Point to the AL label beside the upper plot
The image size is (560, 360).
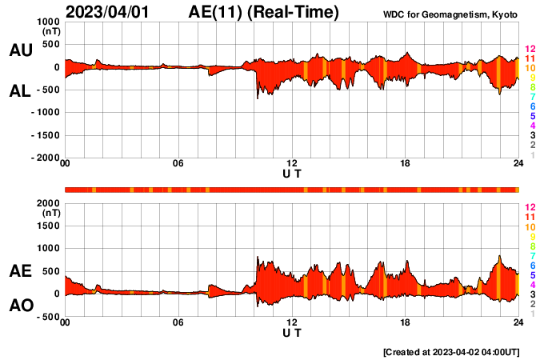pos(20,91)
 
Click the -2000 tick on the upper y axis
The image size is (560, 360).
pos(46,158)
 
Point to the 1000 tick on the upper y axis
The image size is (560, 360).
pos(48,22)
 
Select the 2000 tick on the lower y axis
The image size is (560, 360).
pos(48,203)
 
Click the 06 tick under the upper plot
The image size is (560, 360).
pos(178,165)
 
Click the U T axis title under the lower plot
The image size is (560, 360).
pos(292,333)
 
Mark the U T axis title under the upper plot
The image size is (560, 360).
pos(292,174)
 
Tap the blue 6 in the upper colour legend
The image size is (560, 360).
pos(531,106)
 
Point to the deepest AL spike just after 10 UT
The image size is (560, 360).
pos(257,98)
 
